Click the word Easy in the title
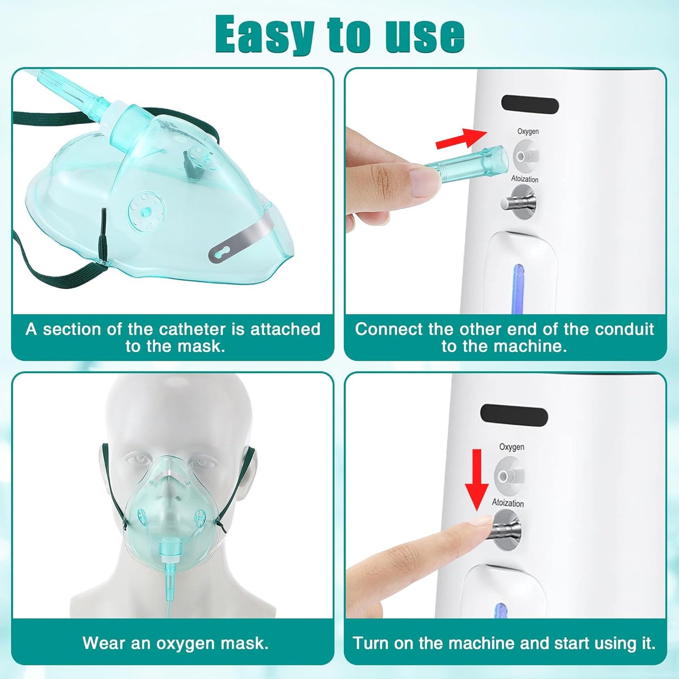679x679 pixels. pyautogui.click(x=265, y=34)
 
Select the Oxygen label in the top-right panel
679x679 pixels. pyautogui.click(x=528, y=132)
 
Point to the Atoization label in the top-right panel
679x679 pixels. pyautogui.click(x=524, y=179)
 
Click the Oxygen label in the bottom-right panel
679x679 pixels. pyautogui.click(x=511, y=447)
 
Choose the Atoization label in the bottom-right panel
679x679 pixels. pyautogui.click(x=507, y=503)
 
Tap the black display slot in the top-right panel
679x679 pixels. pyautogui.click(x=530, y=105)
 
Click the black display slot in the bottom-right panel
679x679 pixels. pyautogui.click(x=514, y=415)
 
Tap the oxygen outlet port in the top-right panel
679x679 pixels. pyautogui.click(x=524, y=155)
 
